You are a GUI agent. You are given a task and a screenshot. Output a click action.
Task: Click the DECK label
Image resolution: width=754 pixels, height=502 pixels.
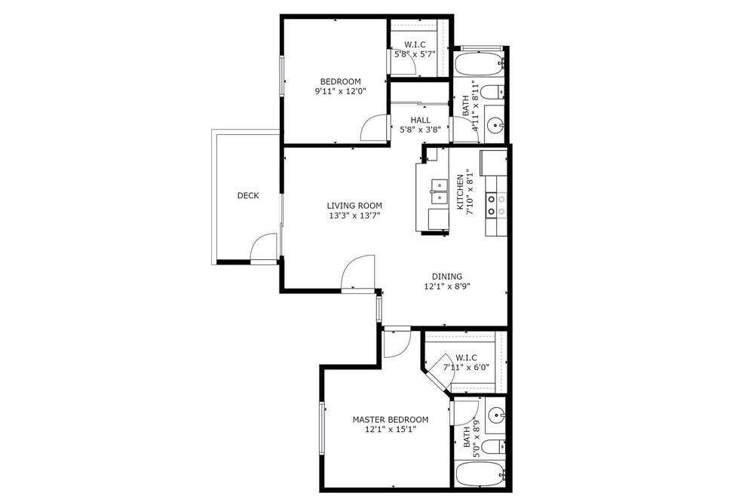248,196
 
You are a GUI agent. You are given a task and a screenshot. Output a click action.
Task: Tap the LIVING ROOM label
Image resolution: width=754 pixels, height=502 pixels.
355,206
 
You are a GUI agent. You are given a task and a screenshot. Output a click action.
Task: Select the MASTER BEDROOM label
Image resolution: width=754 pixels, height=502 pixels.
391,419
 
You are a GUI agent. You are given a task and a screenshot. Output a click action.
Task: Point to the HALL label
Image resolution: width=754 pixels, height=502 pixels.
421,120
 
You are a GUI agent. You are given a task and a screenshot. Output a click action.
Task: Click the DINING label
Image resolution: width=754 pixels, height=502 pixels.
447,277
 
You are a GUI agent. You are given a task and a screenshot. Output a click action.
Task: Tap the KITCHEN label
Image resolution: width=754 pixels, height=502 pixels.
460,192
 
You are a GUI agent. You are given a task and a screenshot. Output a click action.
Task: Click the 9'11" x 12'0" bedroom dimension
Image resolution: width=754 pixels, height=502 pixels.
341,91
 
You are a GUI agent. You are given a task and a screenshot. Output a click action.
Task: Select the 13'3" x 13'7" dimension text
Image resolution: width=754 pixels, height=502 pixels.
355,216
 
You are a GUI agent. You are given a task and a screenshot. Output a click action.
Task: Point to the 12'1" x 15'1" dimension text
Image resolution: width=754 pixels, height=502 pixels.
391,429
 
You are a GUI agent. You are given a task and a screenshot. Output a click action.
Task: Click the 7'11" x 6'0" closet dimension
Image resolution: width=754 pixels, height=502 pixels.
466,368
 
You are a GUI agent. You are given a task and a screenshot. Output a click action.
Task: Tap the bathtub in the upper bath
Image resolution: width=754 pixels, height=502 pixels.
478,64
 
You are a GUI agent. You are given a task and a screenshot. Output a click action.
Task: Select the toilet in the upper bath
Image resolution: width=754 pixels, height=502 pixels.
492,92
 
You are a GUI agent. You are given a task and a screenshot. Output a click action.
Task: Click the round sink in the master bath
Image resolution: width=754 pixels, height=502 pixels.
495,415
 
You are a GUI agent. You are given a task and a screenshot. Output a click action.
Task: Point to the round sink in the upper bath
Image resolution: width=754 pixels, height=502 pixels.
495,127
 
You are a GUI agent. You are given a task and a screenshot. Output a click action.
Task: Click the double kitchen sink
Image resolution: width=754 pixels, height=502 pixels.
439,191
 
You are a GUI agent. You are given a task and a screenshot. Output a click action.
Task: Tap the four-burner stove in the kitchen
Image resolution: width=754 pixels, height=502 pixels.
496,204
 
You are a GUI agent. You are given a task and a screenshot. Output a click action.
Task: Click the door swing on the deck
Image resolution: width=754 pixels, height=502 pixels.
263,247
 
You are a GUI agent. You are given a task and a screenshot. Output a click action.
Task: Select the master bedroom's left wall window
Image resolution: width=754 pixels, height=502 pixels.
322,428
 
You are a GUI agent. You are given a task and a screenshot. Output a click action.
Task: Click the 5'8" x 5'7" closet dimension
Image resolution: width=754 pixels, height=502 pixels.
415,54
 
